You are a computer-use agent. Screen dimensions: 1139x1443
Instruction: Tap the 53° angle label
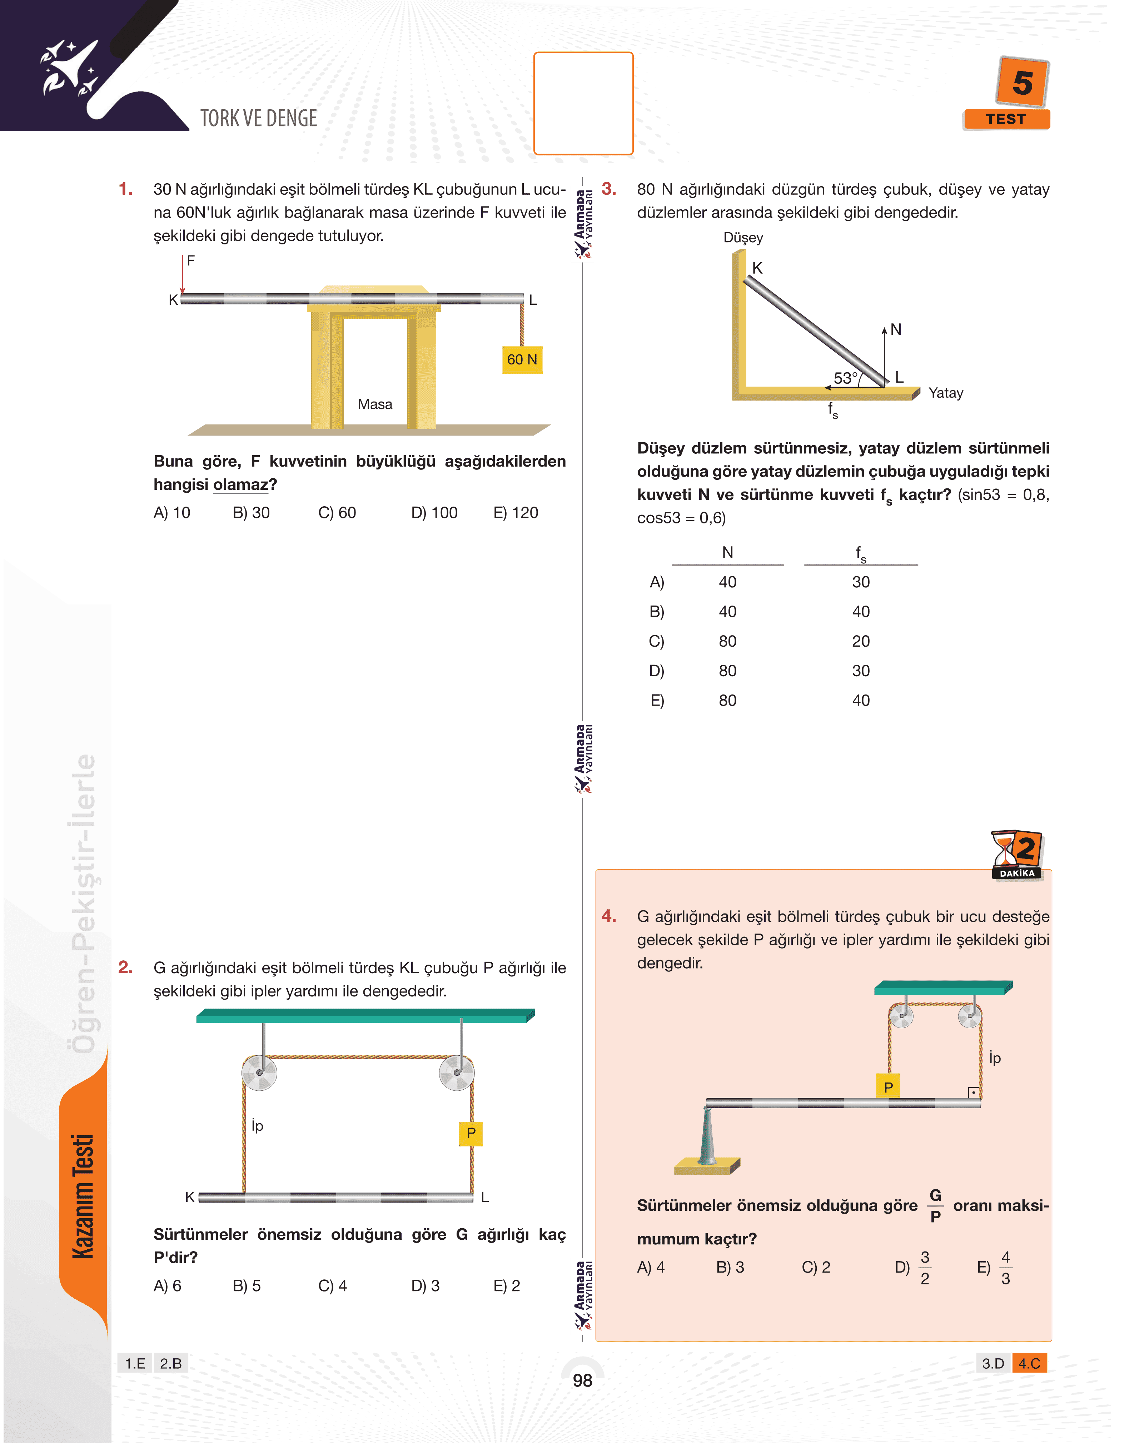(x=846, y=378)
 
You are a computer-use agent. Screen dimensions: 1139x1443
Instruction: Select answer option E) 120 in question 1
(x=516, y=513)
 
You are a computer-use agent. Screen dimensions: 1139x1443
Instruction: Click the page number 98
(x=582, y=1380)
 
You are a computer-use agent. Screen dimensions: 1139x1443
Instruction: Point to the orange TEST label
(x=1006, y=119)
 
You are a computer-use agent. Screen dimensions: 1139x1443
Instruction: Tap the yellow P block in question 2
(x=471, y=1133)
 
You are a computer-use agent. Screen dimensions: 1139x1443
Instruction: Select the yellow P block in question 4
(x=888, y=1087)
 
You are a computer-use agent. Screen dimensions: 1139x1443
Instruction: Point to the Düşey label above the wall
(x=743, y=238)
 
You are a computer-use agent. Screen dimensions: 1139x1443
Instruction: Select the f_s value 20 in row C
(x=861, y=642)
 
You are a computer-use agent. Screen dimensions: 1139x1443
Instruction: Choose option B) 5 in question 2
(x=247, y=1286)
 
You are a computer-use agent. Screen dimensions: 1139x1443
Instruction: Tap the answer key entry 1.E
(x=135, y=1363)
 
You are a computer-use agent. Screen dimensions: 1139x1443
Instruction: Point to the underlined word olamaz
(x=241, y=485)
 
